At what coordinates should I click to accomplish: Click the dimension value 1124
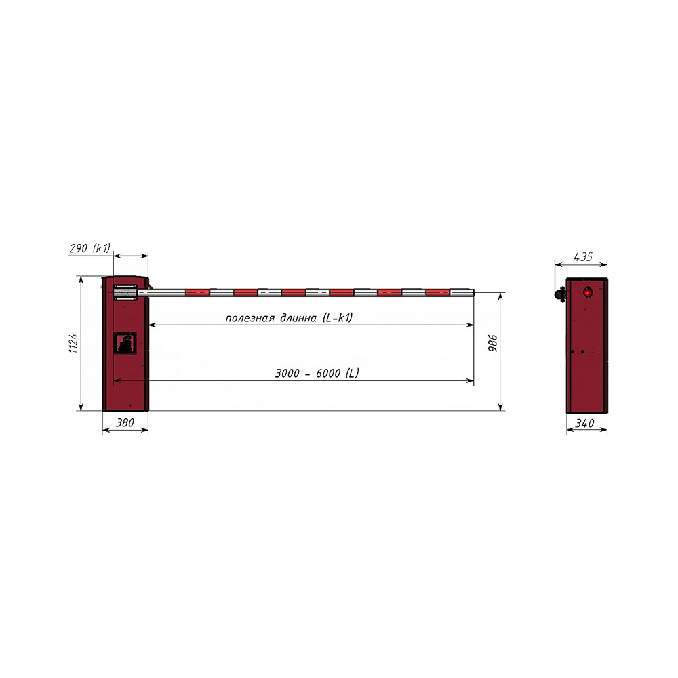(x=73, y=343)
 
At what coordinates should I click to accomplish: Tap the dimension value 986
(x=493, y=343)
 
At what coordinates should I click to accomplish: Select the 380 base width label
(x=125, y=422)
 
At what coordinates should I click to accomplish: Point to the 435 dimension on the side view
(x=583, y=257)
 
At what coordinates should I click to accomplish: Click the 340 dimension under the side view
(x=585, y=423)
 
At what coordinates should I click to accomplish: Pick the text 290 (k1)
(x=90, y=248)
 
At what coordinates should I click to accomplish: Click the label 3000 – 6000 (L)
(x=317, y=373)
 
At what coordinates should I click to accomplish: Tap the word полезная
(x=250, y=319)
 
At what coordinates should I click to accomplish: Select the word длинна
(x=298, y=319)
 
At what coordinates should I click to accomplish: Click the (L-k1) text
(x=338, y=318)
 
